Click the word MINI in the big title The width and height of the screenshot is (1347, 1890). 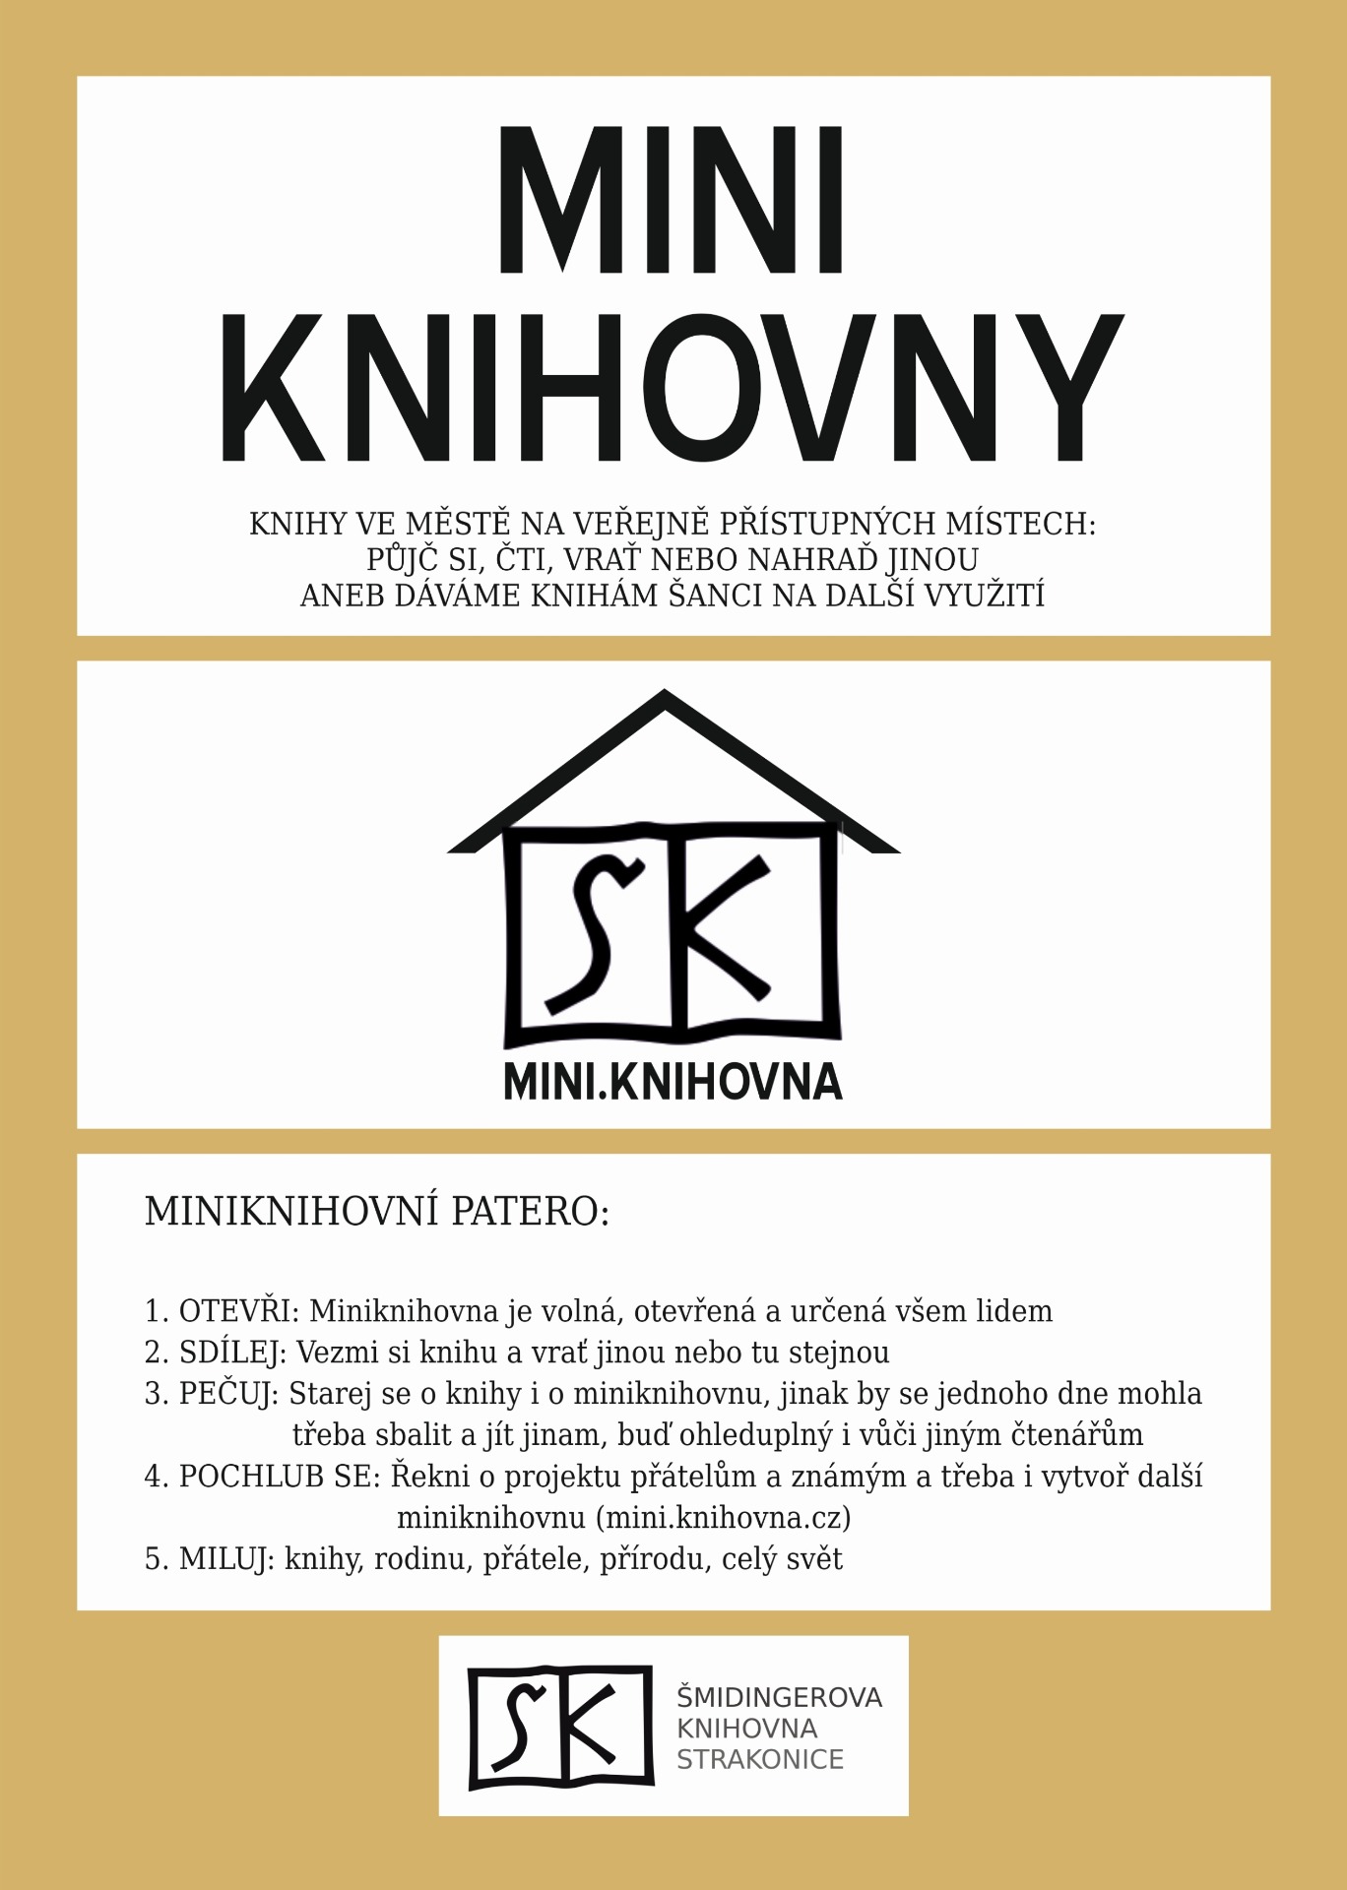click(672, 200)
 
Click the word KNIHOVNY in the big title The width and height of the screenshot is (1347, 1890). click(672, 388)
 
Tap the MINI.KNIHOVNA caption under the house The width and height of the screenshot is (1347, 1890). click(673, 1081)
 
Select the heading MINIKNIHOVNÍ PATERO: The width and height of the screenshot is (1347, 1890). click(377, 1212)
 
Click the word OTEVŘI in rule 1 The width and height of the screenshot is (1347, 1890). click(235, 1311)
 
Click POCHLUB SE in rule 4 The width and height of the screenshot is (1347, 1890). click(278, 1477)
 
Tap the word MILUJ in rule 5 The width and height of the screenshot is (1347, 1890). click(226, 1559)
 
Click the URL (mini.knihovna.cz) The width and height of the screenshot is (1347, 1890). click(724, 1518)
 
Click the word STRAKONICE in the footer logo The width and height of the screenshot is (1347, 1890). click(759, 1759)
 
